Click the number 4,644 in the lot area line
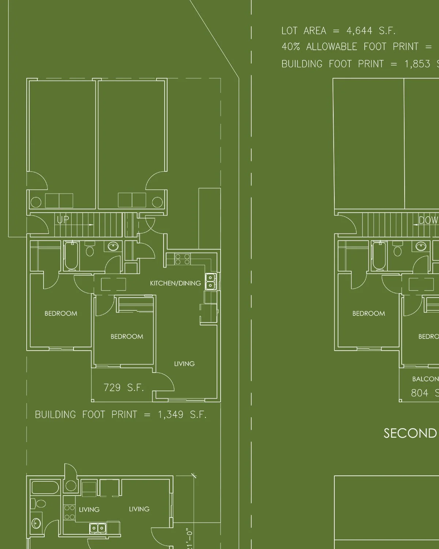(x=359, y=31)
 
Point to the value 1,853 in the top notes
(x=417, y=64)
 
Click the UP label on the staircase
(x=63, y=220)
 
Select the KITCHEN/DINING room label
(x=175, y=283)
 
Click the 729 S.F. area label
(x=123, y=388)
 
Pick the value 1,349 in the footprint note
(x=170, y=415)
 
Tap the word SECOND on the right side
(x=410, y=433)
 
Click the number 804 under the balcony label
(x=419, y=393)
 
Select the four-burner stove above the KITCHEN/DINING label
(x=182, y=259)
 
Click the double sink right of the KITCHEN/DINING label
(x=210, y=281)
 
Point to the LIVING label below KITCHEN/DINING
(x=184, y=364)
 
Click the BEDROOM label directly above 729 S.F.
(x=127, y=336)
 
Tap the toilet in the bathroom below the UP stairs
(x=90, y=250)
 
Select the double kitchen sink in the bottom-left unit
(x=97, y=528)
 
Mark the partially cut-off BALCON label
(x=425, y=379)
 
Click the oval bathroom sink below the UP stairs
(x=113, y=246)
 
